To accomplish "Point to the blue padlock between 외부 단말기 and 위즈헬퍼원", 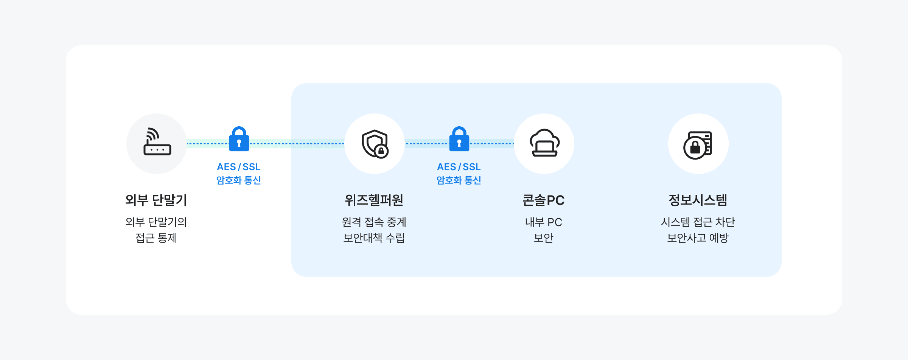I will tap(239, 139).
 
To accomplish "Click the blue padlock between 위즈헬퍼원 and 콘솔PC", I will tap(459, 139).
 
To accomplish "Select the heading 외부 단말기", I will tap(156, 200).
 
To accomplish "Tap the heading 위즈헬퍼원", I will tap(374, 200).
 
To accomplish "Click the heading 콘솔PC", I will tap(544, 200).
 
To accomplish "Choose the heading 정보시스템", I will tap(698, 200).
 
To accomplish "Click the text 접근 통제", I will tap(156, 238).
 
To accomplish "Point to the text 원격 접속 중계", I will tap(374, 222).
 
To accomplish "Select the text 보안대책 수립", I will tap(374, 238).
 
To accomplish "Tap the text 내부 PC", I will tap(544, 222).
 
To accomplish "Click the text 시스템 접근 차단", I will tap(698, 222).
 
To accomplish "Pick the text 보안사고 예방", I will tap(698, 238).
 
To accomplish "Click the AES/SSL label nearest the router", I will tap(239, 167).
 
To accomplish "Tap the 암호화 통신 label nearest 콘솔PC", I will tap(459, 180).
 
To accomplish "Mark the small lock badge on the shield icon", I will tap(381, 151).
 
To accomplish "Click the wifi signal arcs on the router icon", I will tap(152, 134).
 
